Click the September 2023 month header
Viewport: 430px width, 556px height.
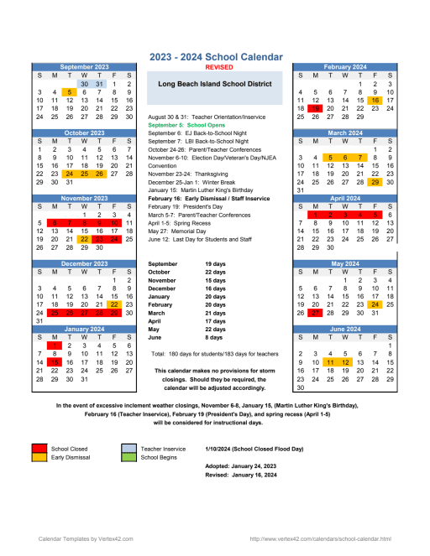click(x=84, y=66)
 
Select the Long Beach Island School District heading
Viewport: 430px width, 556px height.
click(x=215, y=85)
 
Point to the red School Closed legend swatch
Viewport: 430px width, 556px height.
click(x=39, y=448)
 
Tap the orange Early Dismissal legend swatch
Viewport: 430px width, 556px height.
click(x=39, y=457)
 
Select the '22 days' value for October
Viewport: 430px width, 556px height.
click(x=215, y=295)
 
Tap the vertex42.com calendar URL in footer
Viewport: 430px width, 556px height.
click(x=321, y=538)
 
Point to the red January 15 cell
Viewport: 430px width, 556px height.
click(x=54, y=362)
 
